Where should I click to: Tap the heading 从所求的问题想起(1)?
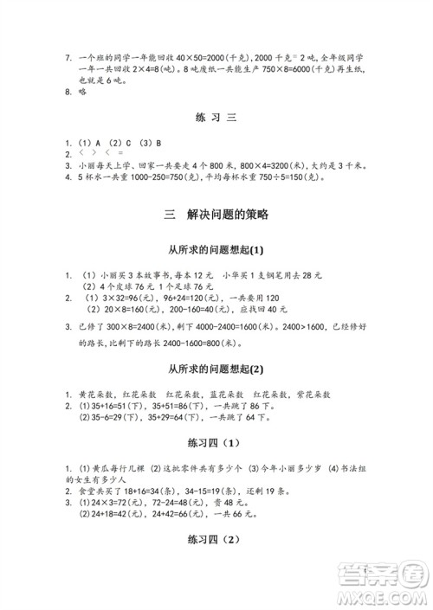tap(216, 250)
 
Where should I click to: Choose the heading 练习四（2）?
tap(216, 540)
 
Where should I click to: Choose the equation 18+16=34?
tap(152, 487)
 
